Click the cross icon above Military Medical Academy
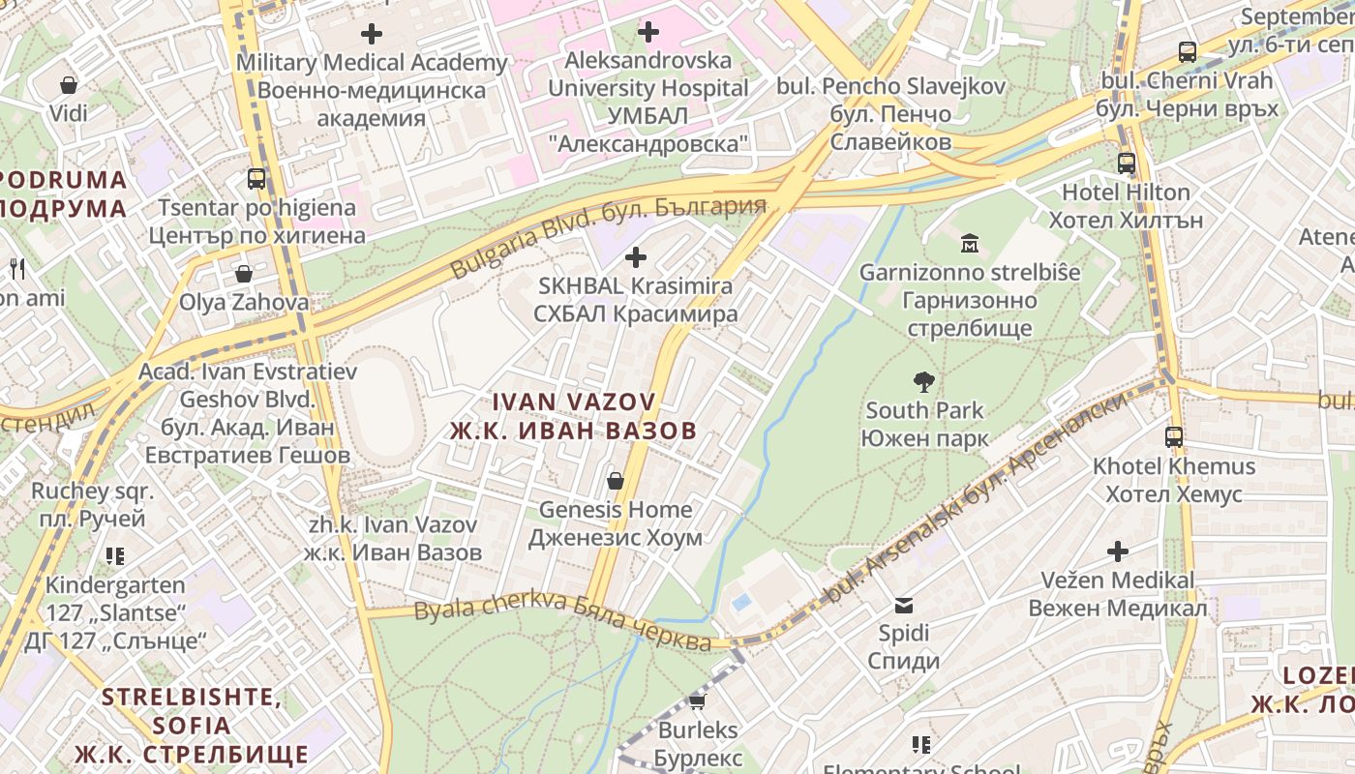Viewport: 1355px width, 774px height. (371, 34)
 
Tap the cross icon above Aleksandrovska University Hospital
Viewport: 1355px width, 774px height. (647, 32)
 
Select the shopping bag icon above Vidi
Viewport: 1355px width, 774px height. (68, 85)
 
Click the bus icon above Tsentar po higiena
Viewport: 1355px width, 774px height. (256, 179)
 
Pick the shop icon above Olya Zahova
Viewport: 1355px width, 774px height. (243, 274)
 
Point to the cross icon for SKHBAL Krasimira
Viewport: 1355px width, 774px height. (635, 257)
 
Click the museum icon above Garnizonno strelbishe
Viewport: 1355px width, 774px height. (969, 244)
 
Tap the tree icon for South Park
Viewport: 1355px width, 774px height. (923, 382)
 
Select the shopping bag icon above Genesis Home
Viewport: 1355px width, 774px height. (615, 481)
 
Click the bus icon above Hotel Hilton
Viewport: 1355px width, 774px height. (1127, 164)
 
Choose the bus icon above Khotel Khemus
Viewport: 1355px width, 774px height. (1173, 437)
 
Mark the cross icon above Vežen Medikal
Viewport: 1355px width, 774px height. (1117, 551)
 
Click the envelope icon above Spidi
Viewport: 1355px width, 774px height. (903, 606)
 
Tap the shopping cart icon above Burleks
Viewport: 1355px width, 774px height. (697, 701)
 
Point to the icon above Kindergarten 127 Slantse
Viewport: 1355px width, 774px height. (115, 556)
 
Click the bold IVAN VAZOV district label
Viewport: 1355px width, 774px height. (573, 416)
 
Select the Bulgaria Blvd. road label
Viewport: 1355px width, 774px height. (608, 235)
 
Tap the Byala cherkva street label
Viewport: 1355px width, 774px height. (562, 624)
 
